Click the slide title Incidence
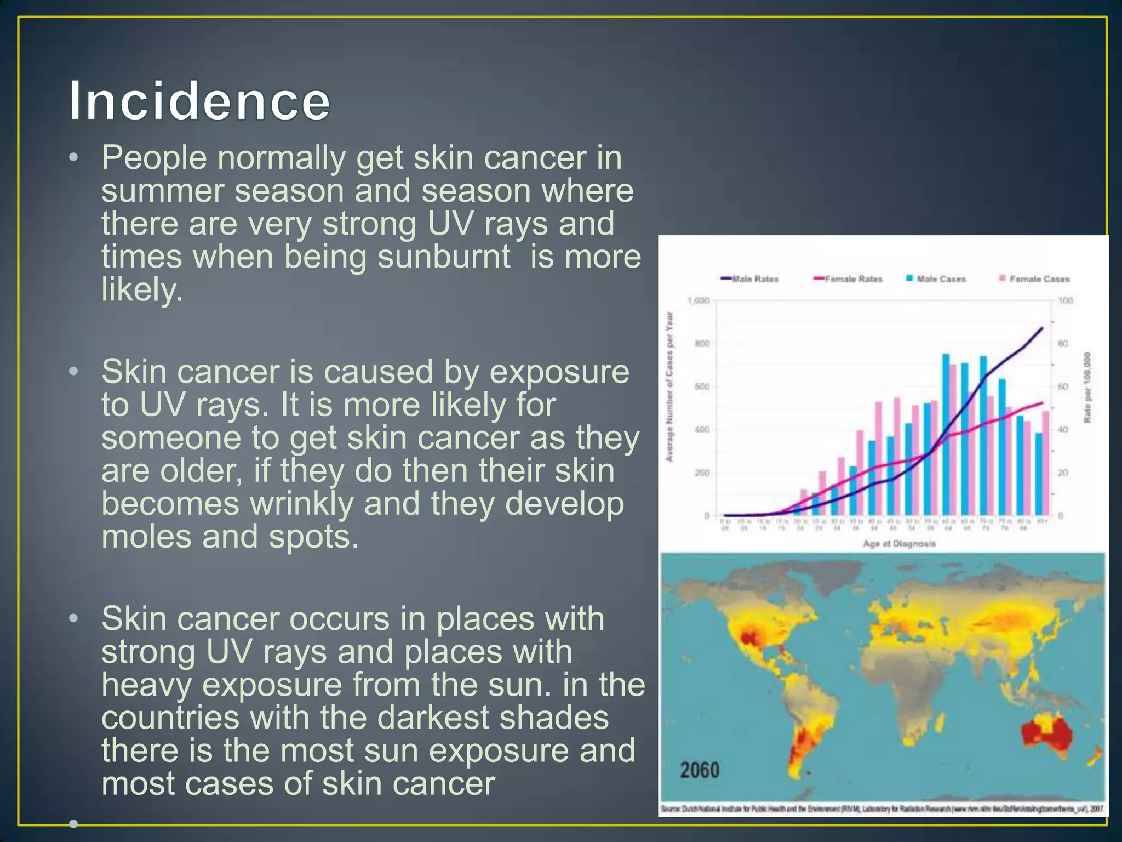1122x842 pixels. [199, 101]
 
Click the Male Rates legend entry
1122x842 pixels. [751, 279]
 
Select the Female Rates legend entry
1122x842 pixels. [849, 279]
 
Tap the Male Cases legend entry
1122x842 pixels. [936, 279]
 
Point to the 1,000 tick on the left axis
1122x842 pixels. [698, 301]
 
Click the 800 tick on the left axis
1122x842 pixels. [702, 344]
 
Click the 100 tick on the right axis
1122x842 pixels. [1066, 301]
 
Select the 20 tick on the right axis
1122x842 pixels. [1063, 473]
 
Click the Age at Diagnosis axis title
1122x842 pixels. [899, 544]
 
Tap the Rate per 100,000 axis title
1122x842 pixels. [1087, 387]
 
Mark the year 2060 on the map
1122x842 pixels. [700, 770]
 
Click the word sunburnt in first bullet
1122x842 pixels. [444, 257]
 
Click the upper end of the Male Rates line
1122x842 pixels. [1041, 328]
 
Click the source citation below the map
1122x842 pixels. [882, 809]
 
